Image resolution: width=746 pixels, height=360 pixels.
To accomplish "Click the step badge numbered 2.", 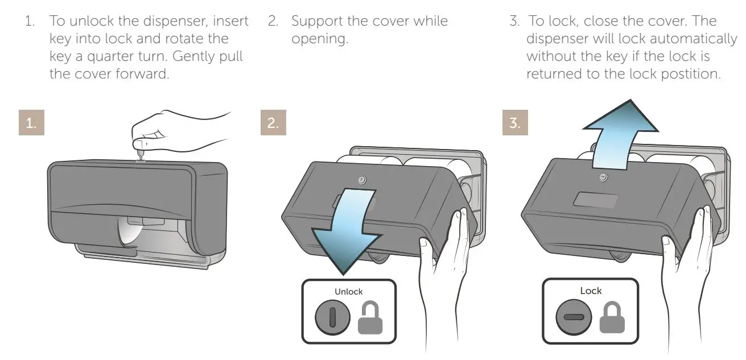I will click(x=273, y=123).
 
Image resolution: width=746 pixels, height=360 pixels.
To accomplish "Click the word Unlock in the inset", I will click(x=349, y=291).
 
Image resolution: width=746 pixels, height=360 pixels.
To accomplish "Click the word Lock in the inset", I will click(x=591, y=291).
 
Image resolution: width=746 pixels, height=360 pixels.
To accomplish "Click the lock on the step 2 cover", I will click(x=362, y=180).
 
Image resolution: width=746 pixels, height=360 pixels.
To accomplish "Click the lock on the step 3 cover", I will click(x=603, y=177).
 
